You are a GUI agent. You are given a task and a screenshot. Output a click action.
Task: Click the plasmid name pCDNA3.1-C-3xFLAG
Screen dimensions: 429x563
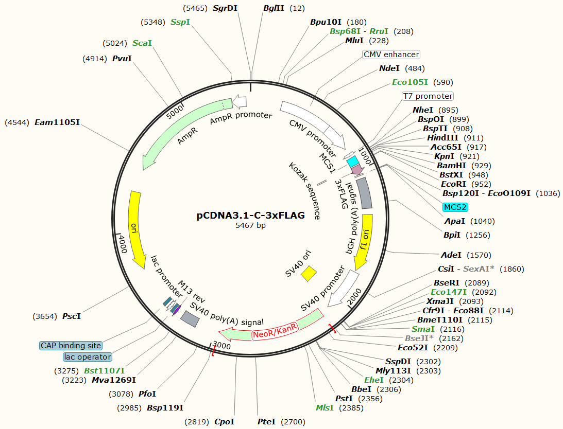pos(251,216)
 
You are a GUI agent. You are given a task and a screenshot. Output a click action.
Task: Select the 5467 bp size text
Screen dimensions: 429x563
pos(251,225)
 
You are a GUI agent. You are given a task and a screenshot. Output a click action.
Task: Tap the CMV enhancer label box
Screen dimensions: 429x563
pos(391,55)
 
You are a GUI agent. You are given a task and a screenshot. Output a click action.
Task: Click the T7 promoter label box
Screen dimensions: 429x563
pos(428,96)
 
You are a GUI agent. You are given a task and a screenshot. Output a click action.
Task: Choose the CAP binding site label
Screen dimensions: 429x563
pos(71,346)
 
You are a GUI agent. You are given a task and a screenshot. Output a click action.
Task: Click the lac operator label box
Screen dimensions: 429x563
pos(88,357)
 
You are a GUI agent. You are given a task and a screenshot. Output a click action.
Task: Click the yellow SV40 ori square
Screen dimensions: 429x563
pos(309,273)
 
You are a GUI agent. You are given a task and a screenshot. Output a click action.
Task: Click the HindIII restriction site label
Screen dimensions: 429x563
pos(442,138)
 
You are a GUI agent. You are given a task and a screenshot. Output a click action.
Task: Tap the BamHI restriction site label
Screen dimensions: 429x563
pos(451,166)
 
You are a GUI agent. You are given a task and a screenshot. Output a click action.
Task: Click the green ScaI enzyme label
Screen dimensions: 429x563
pos(142,43)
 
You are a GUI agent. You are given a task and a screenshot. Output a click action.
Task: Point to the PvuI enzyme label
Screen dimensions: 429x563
pos(122,59)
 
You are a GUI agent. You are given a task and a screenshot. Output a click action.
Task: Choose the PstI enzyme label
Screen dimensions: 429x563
pos(344,399)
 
